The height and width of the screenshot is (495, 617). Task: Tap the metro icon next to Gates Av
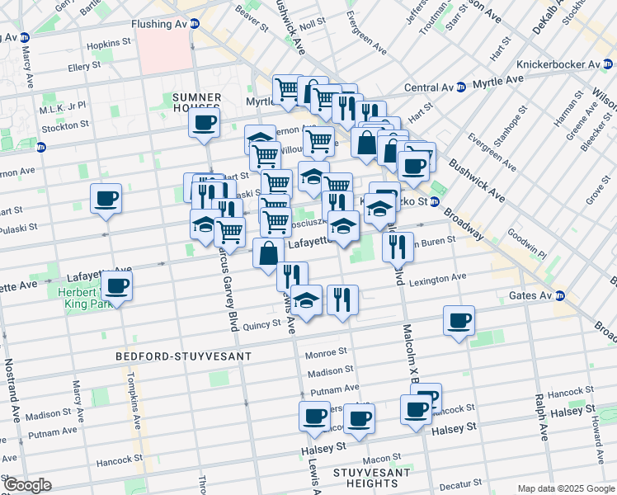560,296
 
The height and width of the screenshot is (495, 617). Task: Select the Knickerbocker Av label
558,64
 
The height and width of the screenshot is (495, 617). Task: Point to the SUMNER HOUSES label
197,102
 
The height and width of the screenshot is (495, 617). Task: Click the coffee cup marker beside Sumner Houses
204,124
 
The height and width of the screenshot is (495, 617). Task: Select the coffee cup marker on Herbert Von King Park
116,286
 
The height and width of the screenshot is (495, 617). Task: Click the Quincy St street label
262,325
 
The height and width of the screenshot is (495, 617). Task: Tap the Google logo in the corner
26,485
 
